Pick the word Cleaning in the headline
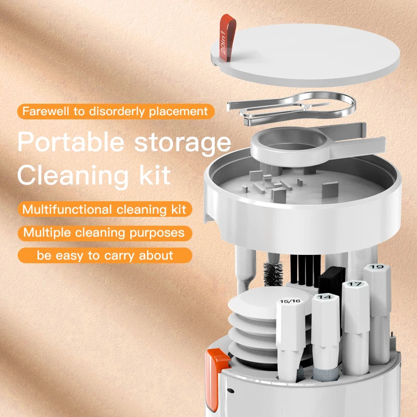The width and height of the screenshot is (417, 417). (x=73, y=175)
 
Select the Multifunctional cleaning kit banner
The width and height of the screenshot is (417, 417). (x=104, y=209)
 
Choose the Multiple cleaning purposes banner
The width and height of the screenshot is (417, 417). (x=104, y=232)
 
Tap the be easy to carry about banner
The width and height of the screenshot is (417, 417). (x=104, y=255)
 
